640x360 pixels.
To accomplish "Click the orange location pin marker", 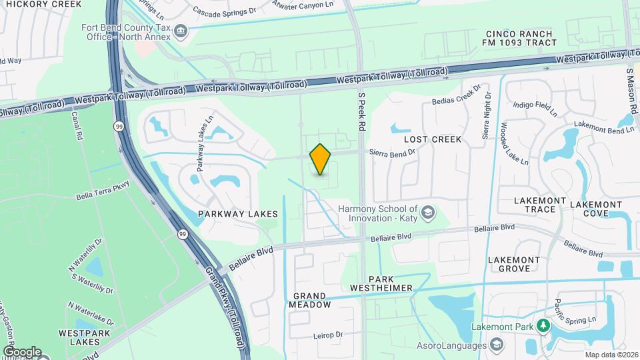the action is coord(321,159).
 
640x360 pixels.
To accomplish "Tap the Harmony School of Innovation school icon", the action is coord(428,213).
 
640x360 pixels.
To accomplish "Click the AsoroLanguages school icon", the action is coord(495,345).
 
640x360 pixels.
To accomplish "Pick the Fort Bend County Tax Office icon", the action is coord(180,31).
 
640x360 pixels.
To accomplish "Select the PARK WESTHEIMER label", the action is coord(391,283).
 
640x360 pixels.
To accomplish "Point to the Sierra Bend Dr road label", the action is coord(393,152).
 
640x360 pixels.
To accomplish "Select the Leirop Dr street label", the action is coord(327,335).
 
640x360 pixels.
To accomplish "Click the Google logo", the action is coord(21,351).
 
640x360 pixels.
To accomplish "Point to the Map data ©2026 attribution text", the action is coord(611,355).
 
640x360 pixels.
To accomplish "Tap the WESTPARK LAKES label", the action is coord(79,337).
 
